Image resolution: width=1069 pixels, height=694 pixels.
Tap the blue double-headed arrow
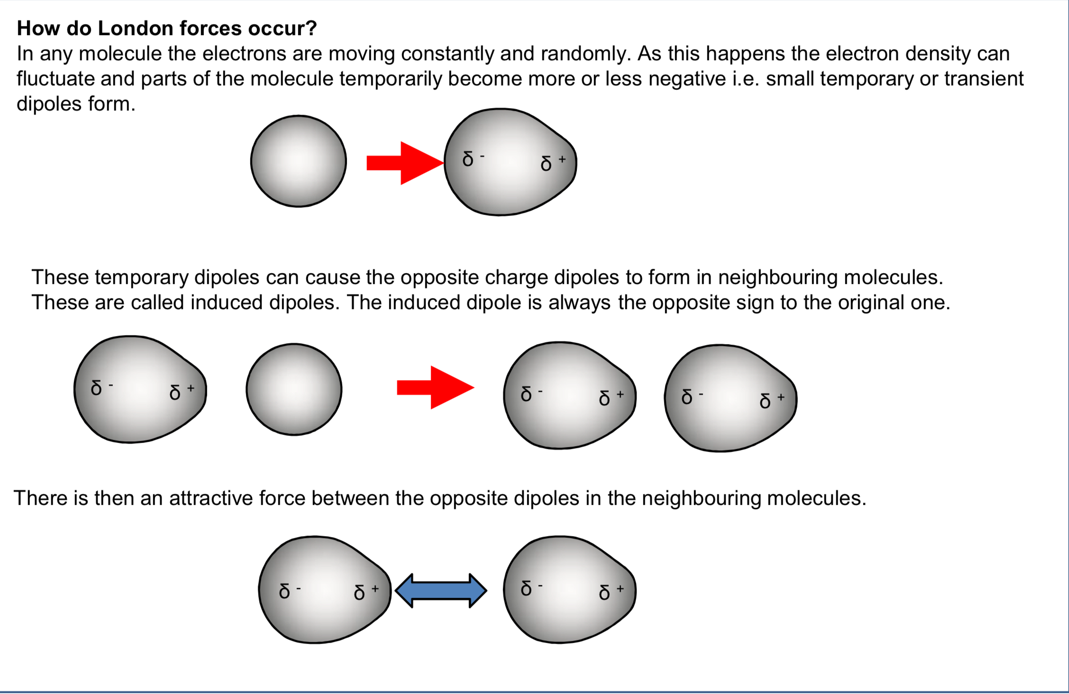pyautogui.click(x=441, y=590)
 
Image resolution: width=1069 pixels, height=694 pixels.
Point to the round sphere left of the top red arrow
pyautogui.click(x=299, y=161)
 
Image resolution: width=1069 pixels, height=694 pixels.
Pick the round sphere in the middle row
pyautogui.click(x=294, y=389)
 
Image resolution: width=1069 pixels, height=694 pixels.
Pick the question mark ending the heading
pyautogui.click(x=311, y=28)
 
